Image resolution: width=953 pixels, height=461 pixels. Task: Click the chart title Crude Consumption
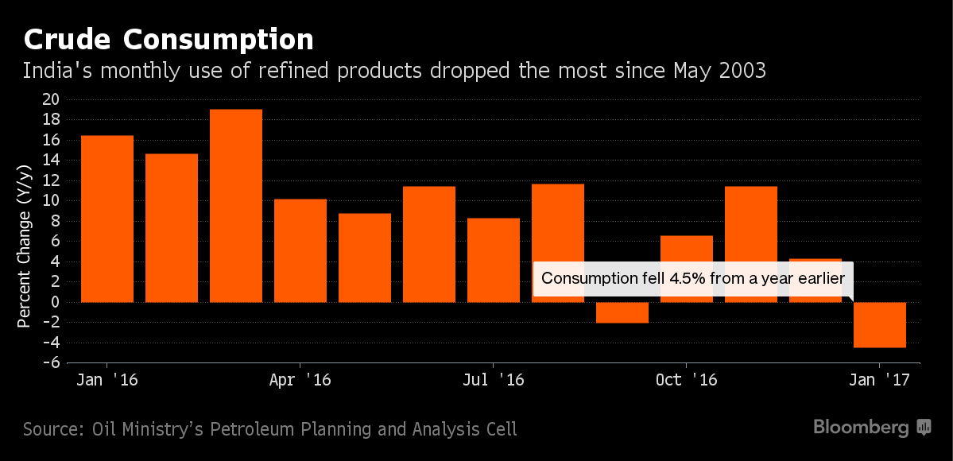coord(169,39)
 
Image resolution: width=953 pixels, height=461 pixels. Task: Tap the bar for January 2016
coord(107,219)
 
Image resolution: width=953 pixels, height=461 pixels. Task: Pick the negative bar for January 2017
coord(880,324)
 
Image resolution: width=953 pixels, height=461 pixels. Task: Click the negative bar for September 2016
coord(622,312)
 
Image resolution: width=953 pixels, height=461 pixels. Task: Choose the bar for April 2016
coord(300,250)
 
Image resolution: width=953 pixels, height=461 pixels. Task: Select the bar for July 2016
coord(494,260)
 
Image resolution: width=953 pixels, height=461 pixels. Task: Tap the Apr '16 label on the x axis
coord(300,380)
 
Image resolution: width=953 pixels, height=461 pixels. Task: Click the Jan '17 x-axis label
coord(879,380)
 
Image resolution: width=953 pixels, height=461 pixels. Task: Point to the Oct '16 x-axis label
coord(687,380)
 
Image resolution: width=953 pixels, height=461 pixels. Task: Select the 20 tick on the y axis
coord(51,100)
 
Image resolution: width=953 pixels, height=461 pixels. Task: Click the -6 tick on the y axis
coord(51,363)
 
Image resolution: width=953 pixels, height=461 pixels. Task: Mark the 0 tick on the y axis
coord(56,303)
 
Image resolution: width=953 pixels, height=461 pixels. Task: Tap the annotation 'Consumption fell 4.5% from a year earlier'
coord(692,279)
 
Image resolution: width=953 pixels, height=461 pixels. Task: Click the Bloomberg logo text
coord(861,428)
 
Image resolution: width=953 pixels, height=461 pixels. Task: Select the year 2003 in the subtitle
coord(742,71)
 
